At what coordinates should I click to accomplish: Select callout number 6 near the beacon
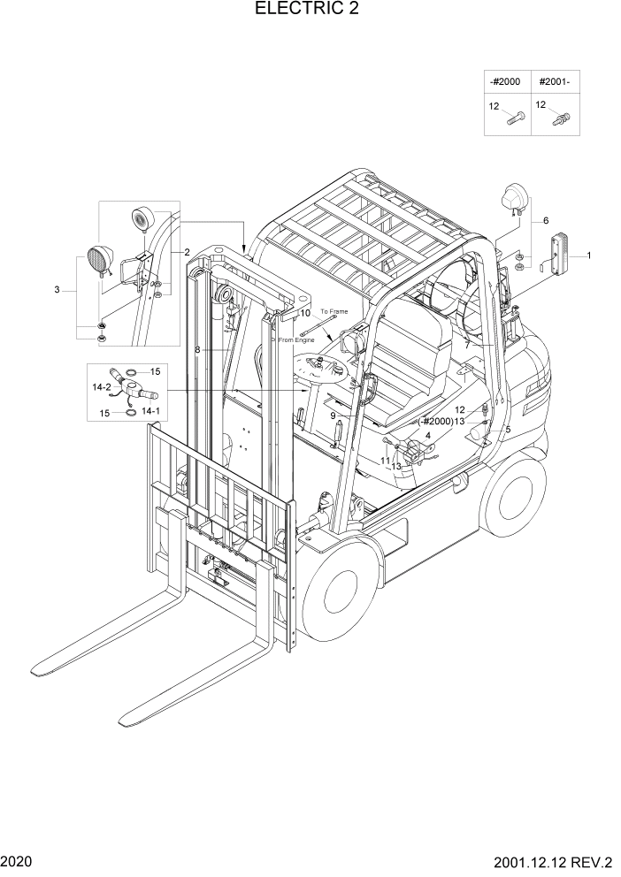point(546,220)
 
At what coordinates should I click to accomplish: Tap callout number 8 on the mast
point(198,350)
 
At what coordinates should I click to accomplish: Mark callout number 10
point(304,313)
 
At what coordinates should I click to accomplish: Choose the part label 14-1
point(151,411)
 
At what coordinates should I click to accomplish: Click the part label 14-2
point(102,386)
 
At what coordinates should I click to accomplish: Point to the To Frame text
point(334,312)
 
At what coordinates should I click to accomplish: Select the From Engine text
point(296,339)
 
